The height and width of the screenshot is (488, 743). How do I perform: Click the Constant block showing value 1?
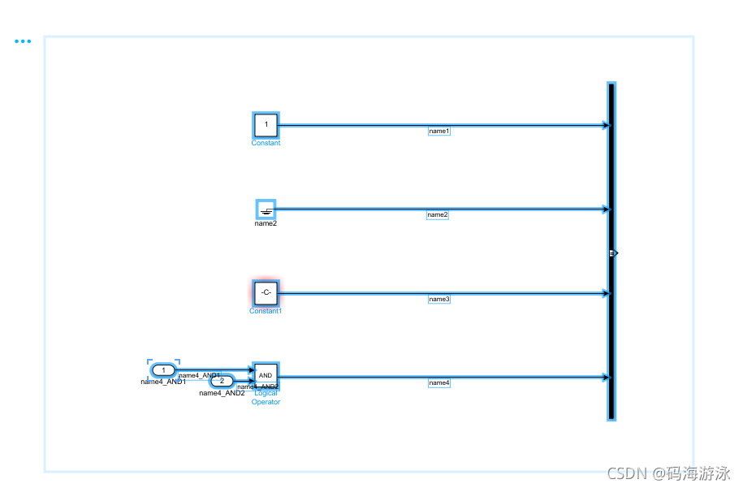tap(266, 125)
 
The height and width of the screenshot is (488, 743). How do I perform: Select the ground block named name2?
tap(266, 209)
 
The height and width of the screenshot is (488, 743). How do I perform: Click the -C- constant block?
tap(266, 292)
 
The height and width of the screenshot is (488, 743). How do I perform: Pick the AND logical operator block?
tap(266, 375)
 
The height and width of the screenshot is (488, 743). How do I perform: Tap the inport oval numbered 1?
tap(163, 370)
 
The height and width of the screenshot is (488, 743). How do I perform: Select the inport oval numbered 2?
tap(222, 381)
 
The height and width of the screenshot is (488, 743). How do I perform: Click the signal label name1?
tap(439, 131)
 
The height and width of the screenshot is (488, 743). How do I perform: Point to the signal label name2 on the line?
tap(438, 215)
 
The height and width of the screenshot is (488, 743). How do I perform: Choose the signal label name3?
tap(439, 299)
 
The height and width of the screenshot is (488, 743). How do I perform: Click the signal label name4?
tap(439, 382)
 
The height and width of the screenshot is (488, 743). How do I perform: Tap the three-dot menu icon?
tap(23, 41)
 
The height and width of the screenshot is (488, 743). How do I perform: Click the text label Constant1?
tap(266, 311)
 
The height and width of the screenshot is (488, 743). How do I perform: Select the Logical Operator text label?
tap(266, 398)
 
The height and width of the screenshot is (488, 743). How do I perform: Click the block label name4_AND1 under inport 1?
tap(163, 382)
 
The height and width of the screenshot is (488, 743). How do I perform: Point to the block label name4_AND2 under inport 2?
tap(222, 393)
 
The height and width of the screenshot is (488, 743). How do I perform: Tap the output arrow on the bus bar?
tap(616, 253)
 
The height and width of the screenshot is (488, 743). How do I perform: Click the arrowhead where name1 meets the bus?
tap(605, 125)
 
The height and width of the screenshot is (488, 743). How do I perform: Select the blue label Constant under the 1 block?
tap(266, 143)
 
